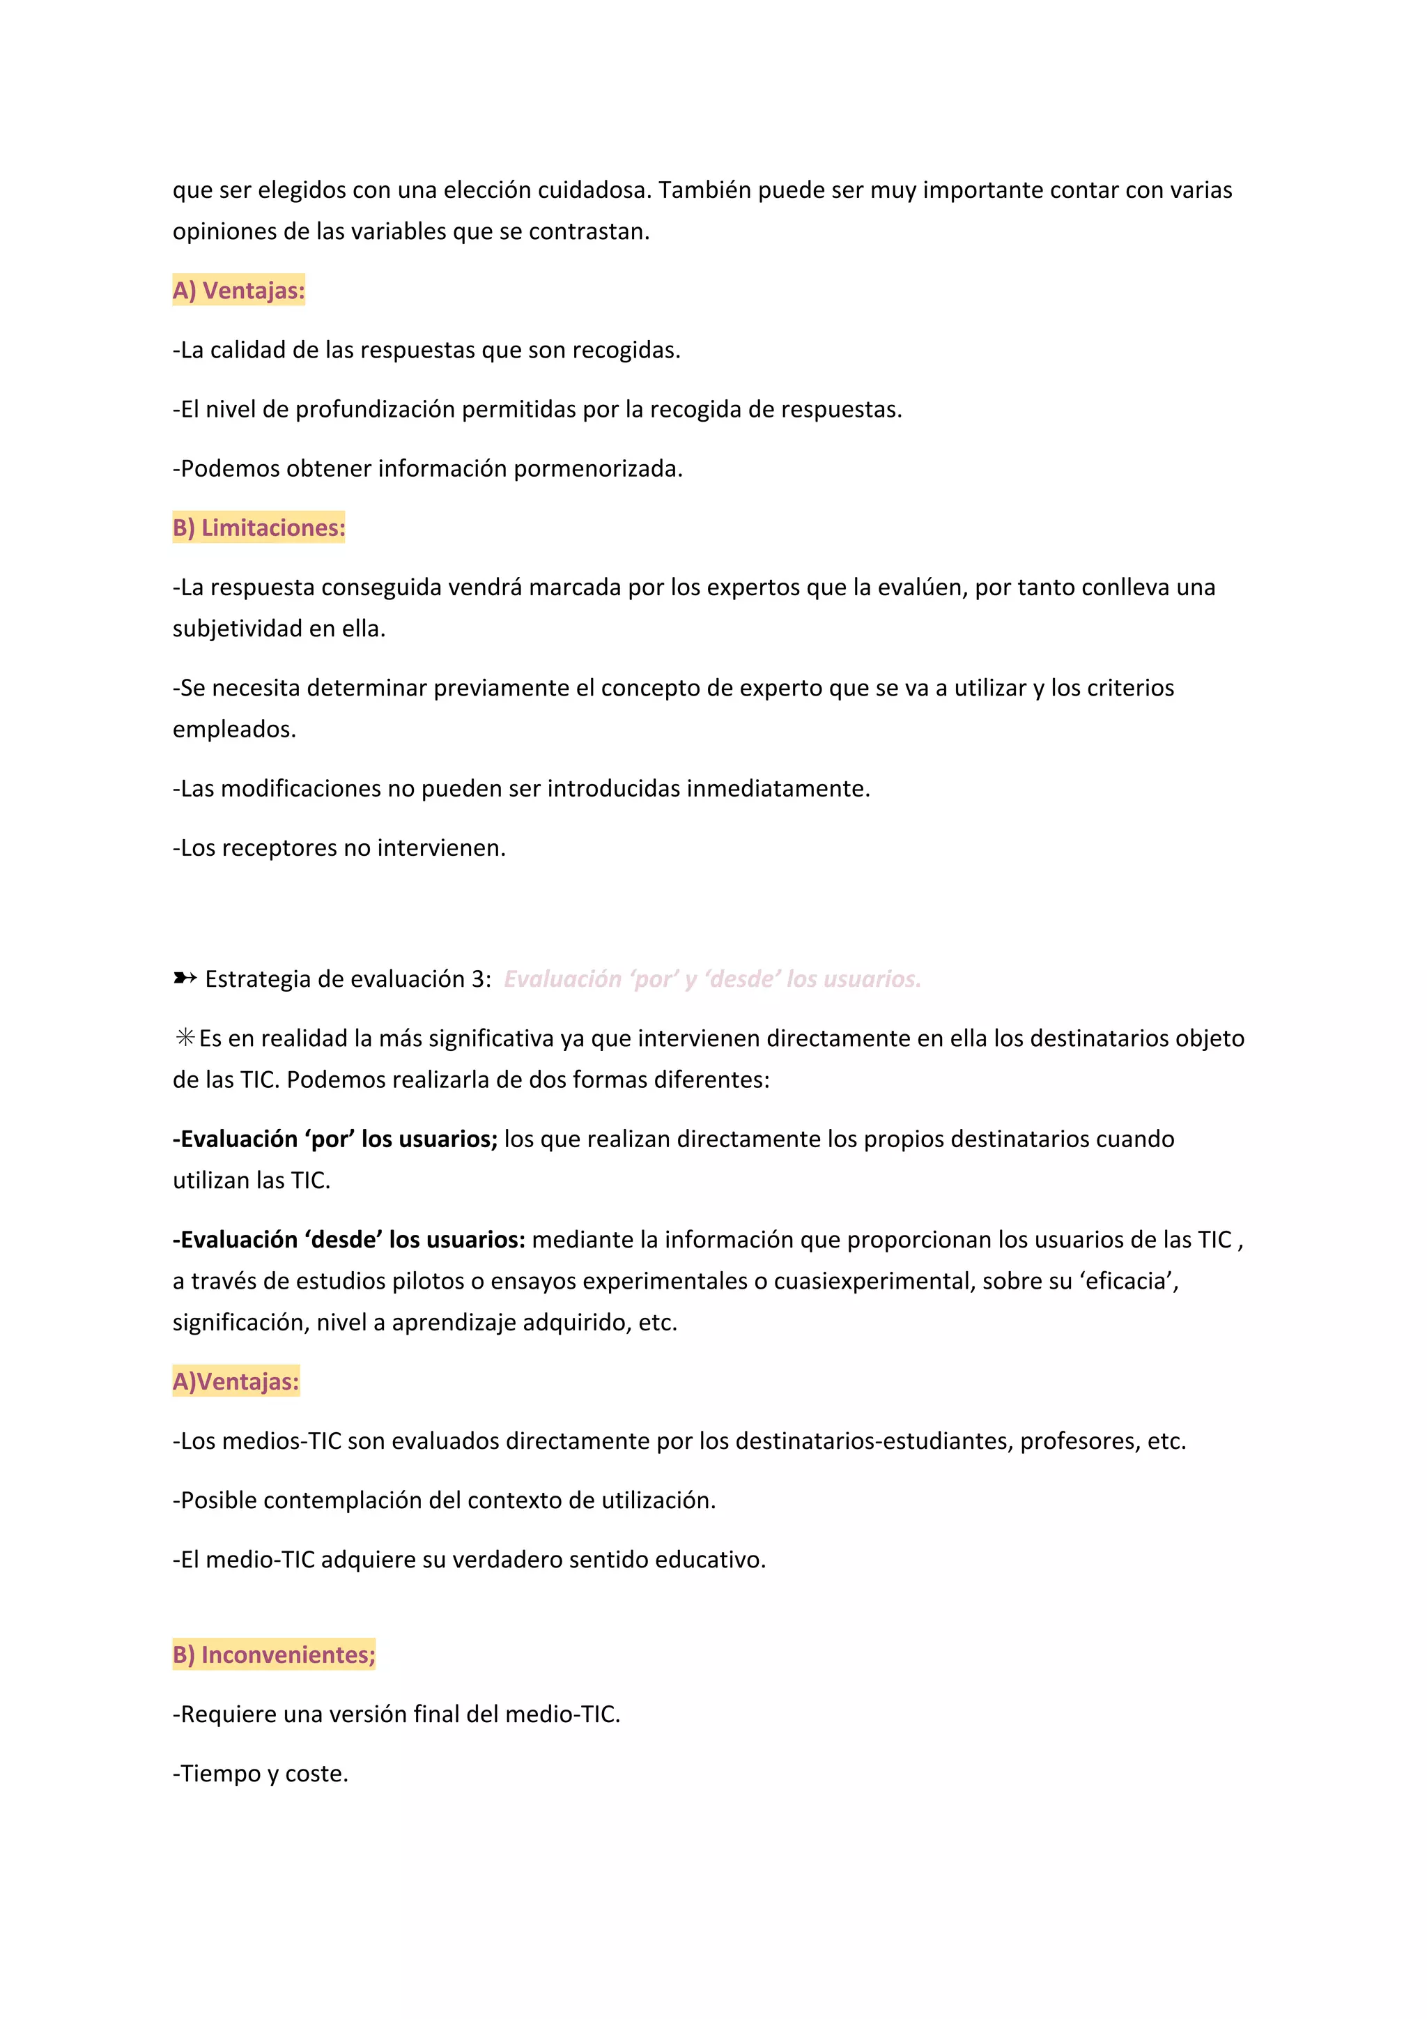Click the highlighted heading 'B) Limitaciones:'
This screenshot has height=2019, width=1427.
(x=259, y=528)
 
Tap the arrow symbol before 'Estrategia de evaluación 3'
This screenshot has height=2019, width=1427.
(x=184, y=978)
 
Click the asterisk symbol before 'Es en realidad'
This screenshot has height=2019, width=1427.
(x=185, y=1038)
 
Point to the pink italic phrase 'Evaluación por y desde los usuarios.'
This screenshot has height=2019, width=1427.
(x=712, y=978)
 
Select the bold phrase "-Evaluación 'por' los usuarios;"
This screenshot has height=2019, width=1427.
(x=335, y=1139)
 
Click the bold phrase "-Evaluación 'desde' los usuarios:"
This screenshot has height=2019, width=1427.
(x=349, y=1239)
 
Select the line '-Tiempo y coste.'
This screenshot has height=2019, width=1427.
(x=261, y=1773)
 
